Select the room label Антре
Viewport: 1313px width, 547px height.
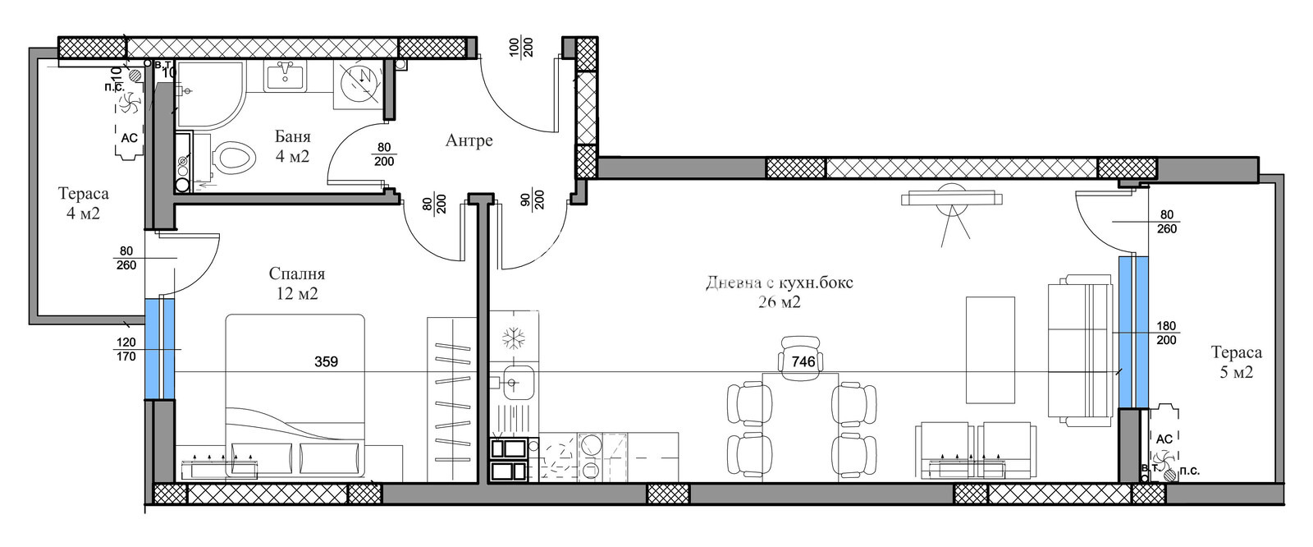click(x=469, y=140)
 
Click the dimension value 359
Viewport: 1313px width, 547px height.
click(x=326, y=361)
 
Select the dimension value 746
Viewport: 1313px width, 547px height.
click(x=803, y=361)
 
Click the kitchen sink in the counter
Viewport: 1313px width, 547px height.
click(x=515, y=380)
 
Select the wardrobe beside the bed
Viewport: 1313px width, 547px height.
click(x=451, y=400)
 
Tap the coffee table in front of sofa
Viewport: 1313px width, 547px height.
click(x=990, y=351)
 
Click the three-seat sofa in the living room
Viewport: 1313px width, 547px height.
click(x=1077, y=351)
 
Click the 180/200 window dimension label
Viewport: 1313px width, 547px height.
click(x=1165, y=333)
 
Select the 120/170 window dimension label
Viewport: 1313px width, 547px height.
click(x=126, y=350)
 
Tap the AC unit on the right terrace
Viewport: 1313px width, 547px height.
click(x=1164, y=439)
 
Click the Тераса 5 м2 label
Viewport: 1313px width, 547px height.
click(x=1236, y=361)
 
